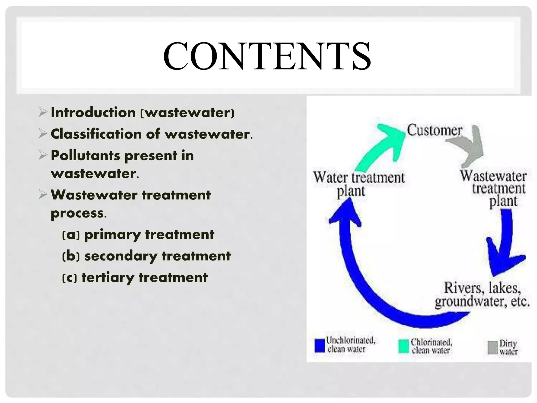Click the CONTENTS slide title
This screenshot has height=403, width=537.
(267, 56)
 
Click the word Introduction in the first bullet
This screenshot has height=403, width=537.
(93, 113)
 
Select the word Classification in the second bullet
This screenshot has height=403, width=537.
(96, 134)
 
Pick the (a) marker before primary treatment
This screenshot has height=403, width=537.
(71, 235)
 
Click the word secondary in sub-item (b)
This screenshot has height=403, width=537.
(121, 256)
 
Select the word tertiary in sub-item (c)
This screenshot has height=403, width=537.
(108, 278)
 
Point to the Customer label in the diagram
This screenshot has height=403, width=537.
(434, 130)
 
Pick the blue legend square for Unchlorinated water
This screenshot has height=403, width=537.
(320, 346)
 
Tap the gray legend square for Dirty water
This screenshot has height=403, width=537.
(492, 348)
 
